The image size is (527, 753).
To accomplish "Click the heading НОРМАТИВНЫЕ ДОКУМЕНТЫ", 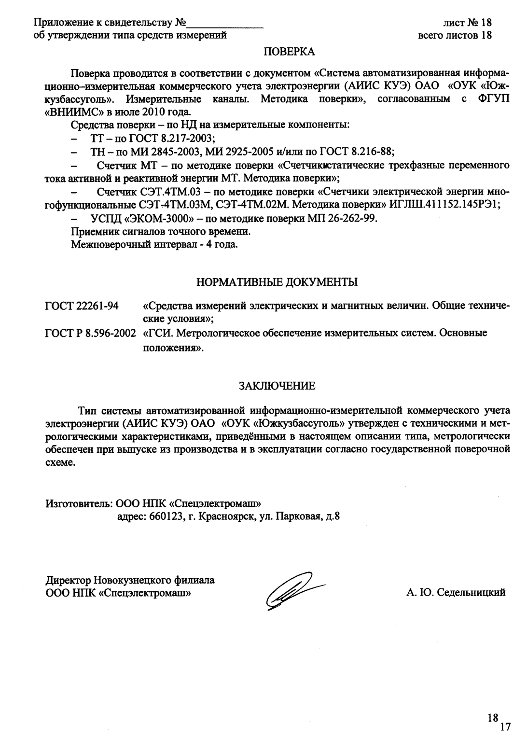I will (x=277, y=282).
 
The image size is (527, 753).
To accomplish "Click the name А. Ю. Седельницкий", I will (x=456, y=592).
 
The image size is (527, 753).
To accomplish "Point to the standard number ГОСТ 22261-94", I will (x=83, y=307).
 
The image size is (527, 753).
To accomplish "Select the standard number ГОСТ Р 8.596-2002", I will (x=90, y=333).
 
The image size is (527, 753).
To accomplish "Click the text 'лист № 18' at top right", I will (x=466, y=23).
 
